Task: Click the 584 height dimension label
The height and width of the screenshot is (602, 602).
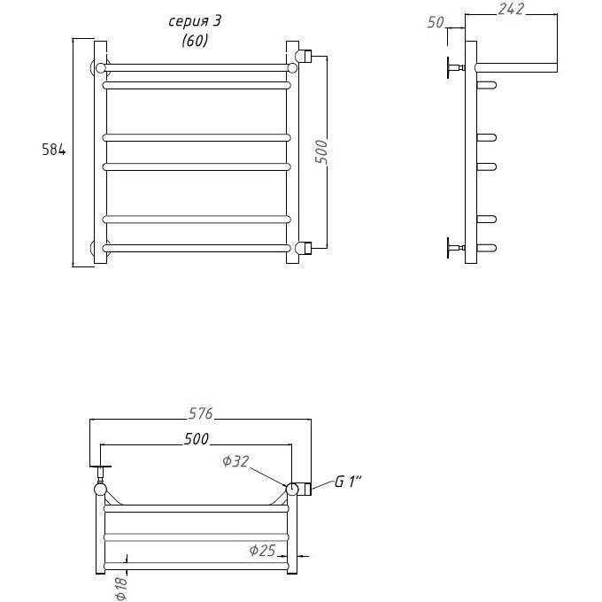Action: pos(53,150)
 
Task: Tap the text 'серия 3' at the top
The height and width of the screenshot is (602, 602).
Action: pos(195,21)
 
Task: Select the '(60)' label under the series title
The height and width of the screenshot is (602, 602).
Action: pos(195,40)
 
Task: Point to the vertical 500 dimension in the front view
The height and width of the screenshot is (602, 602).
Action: pos(321,152)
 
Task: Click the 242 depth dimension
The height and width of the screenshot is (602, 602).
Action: pos(511,9)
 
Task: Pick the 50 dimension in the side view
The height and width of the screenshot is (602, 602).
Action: pos(436,22)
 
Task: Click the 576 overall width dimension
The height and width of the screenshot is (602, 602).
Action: pos(200,413)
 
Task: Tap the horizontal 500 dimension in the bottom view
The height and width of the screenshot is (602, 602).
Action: pos(197,439)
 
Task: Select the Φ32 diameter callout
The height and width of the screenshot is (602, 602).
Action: pos(235,461)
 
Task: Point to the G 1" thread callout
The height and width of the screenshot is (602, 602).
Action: pos(348,482)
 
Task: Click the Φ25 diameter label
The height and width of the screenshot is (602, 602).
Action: pos(263,551)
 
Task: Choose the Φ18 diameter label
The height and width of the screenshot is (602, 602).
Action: pos(120,589)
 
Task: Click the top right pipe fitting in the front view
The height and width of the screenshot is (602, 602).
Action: pos(305,56)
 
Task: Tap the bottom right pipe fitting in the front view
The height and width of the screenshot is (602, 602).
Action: pos(305,248)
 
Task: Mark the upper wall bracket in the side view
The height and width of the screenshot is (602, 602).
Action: pos(455,68)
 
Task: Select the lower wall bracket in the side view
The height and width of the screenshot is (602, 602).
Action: pos(455,248)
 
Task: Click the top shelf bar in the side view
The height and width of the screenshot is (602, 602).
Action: pos(516,68)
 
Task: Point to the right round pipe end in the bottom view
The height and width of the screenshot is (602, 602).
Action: pos(292,489)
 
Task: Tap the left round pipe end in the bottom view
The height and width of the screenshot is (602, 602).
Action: pos(100,489)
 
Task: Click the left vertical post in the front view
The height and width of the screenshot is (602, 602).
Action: pos(100,152)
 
